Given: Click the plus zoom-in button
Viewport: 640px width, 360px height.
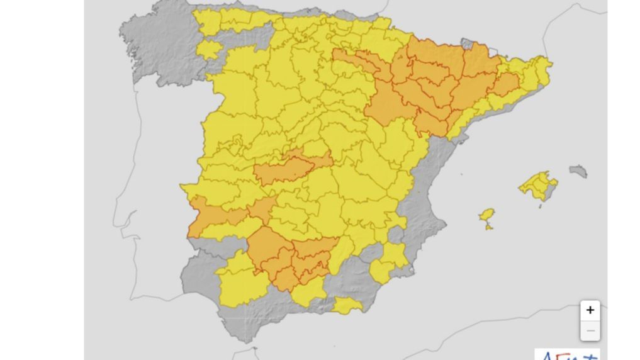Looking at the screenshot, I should point(590,310).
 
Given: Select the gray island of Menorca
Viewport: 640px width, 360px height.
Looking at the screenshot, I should point(578,171).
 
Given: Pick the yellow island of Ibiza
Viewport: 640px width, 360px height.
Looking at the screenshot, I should point(486,215).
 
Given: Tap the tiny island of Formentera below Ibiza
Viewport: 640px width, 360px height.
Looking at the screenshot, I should point(489,227).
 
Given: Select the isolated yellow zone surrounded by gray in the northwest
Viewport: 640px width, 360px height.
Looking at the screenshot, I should point(208,49).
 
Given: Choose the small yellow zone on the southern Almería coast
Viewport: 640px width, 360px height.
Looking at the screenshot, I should point(347,307).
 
